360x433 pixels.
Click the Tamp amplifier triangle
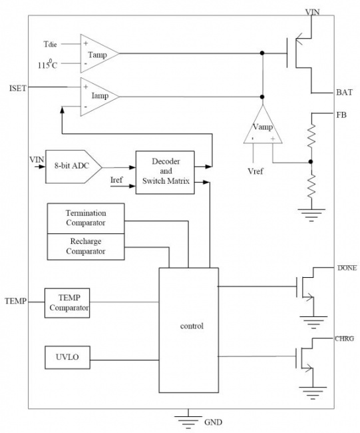pyautogui.click(x=99, y=53)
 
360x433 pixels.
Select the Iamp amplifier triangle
pyautogui.click(x=99, y=97)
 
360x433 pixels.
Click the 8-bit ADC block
pyautogui.click(x=74, y=167)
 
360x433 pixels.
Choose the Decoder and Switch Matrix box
pyautogui.click(x=165, y=173)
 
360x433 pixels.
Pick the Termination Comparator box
pyautogui.click(x=86, y=218)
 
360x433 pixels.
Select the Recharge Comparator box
pyautogui.click(x=86, y=246)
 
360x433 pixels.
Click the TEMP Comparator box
pyautogui.click(x=67, y=303)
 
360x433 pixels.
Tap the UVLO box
pyautogui.click(x=68, y=357)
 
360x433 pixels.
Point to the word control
pyautogui.click(x=192, y=326)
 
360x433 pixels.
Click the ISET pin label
pyautogui.click(x=18, y=89)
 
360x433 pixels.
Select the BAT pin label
pyautogui.click(x=344, y=92)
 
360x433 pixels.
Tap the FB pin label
pyautogui.click(x=341, y=115)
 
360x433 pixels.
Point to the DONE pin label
pyautogui.click(x=347, y=268)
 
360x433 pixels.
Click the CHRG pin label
pyautogui.click(x=344, y=338)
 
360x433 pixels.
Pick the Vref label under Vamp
pyautogui.click(x=255, y=171)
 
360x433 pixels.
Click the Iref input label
pyautogui.click(x=116, y=180)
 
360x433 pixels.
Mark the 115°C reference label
pyautogui.click(x=47, y=65)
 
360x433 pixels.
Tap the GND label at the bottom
pyautogui.click(x=213, y=422)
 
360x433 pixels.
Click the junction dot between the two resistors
pyautogui.click(x=311, y=162)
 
